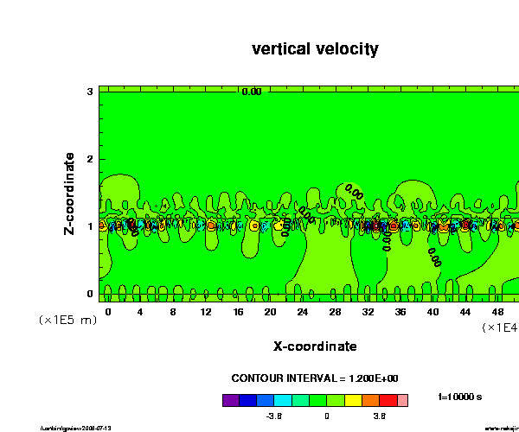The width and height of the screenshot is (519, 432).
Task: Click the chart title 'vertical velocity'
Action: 315,49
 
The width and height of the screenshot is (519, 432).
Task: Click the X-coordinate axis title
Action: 315,346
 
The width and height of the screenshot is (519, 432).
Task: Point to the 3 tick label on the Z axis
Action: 90,92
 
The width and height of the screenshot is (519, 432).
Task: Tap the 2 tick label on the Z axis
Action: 90,159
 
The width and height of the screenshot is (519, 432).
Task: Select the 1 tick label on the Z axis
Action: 90,226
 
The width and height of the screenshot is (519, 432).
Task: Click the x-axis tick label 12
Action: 205,310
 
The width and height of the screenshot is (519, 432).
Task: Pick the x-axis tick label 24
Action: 303,310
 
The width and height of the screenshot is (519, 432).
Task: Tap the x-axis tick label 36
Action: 400,310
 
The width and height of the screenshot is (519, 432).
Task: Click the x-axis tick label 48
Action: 497,310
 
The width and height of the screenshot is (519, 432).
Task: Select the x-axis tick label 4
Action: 140,310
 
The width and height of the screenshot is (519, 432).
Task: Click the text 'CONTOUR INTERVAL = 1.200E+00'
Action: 315,378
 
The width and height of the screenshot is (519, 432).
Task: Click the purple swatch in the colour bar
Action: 230,400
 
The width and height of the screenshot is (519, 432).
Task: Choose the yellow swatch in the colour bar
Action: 354,400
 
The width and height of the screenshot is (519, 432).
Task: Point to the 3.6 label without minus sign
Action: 379,416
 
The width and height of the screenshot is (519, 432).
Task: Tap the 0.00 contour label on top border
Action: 251,92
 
